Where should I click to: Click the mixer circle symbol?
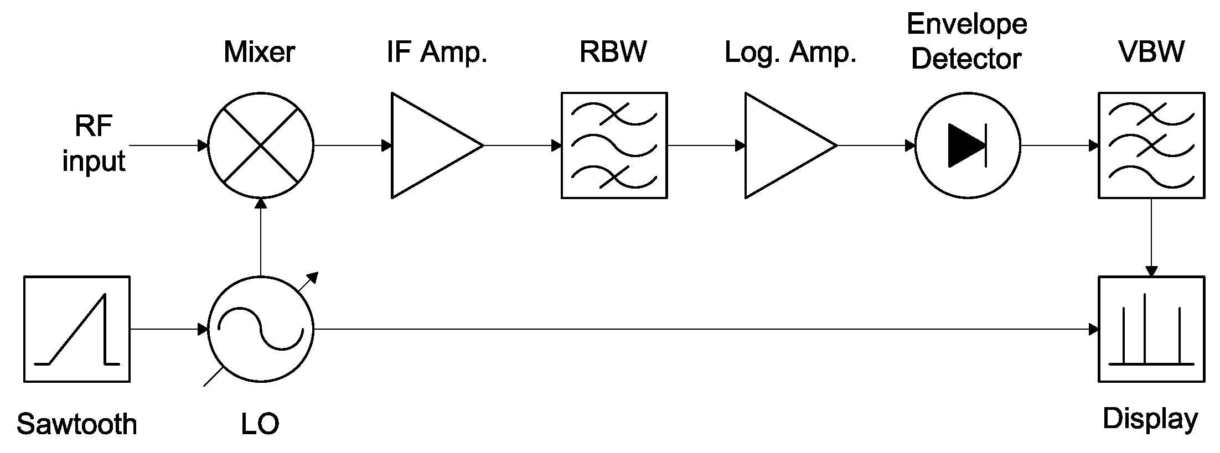coord(260,145)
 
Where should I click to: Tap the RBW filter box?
coord(614,145)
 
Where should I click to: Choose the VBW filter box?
coord(1151,145)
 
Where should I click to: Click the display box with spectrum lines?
coord(1151,329)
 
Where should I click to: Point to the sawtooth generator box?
coord(77,329)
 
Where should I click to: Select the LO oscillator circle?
coord(260,329)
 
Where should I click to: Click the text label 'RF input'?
coord(94,144)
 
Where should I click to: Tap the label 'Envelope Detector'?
coord(966,41)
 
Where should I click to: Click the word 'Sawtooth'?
coord(77,424)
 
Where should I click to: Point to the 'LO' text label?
coord(260,424)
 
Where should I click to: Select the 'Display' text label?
coord(1150,419)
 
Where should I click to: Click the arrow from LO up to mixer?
coord(260,238)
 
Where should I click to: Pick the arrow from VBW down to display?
coord(1151,238)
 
